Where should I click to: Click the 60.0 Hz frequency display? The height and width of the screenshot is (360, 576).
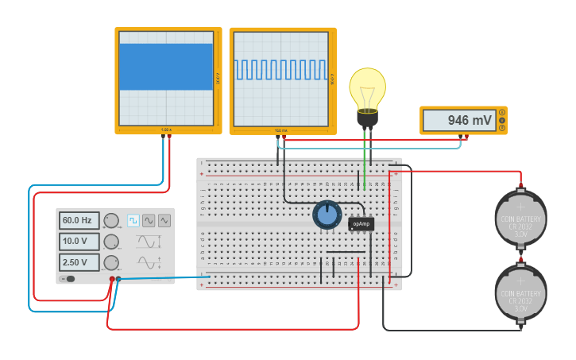79,220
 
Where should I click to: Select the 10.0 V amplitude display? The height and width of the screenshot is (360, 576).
79,241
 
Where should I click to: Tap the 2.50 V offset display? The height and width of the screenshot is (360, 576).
79,262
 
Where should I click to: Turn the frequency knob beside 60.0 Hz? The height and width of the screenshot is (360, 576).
111,220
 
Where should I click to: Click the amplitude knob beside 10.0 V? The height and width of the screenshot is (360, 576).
111,242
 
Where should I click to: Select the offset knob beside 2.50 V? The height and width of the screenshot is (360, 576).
111,262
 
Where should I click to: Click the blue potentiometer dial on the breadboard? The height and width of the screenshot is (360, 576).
327,214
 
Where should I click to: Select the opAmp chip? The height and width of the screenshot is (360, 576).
361,224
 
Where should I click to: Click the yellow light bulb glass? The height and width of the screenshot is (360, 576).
367,87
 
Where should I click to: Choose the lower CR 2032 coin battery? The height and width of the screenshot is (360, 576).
520,292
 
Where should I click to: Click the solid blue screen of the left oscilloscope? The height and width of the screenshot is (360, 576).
166,67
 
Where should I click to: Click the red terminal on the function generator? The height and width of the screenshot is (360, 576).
110,279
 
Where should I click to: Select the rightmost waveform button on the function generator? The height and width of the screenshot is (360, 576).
164,220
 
